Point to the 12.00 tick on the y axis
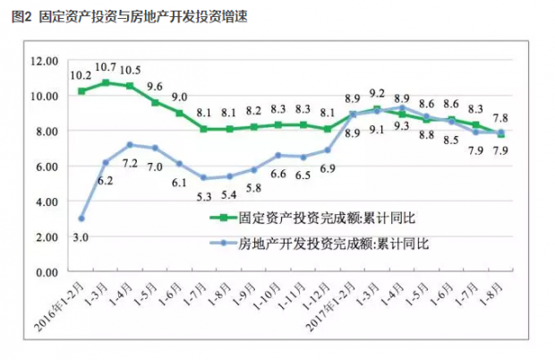pos(43,60)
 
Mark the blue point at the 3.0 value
pos(81,218)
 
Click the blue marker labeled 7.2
pos(131,144)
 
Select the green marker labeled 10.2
pos(81,90)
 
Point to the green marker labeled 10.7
pos(107,82)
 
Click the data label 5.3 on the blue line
pos(203,196)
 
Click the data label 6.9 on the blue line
pos(328,167)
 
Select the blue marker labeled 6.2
pos(107,162)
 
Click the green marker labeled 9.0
pos(179,113)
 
